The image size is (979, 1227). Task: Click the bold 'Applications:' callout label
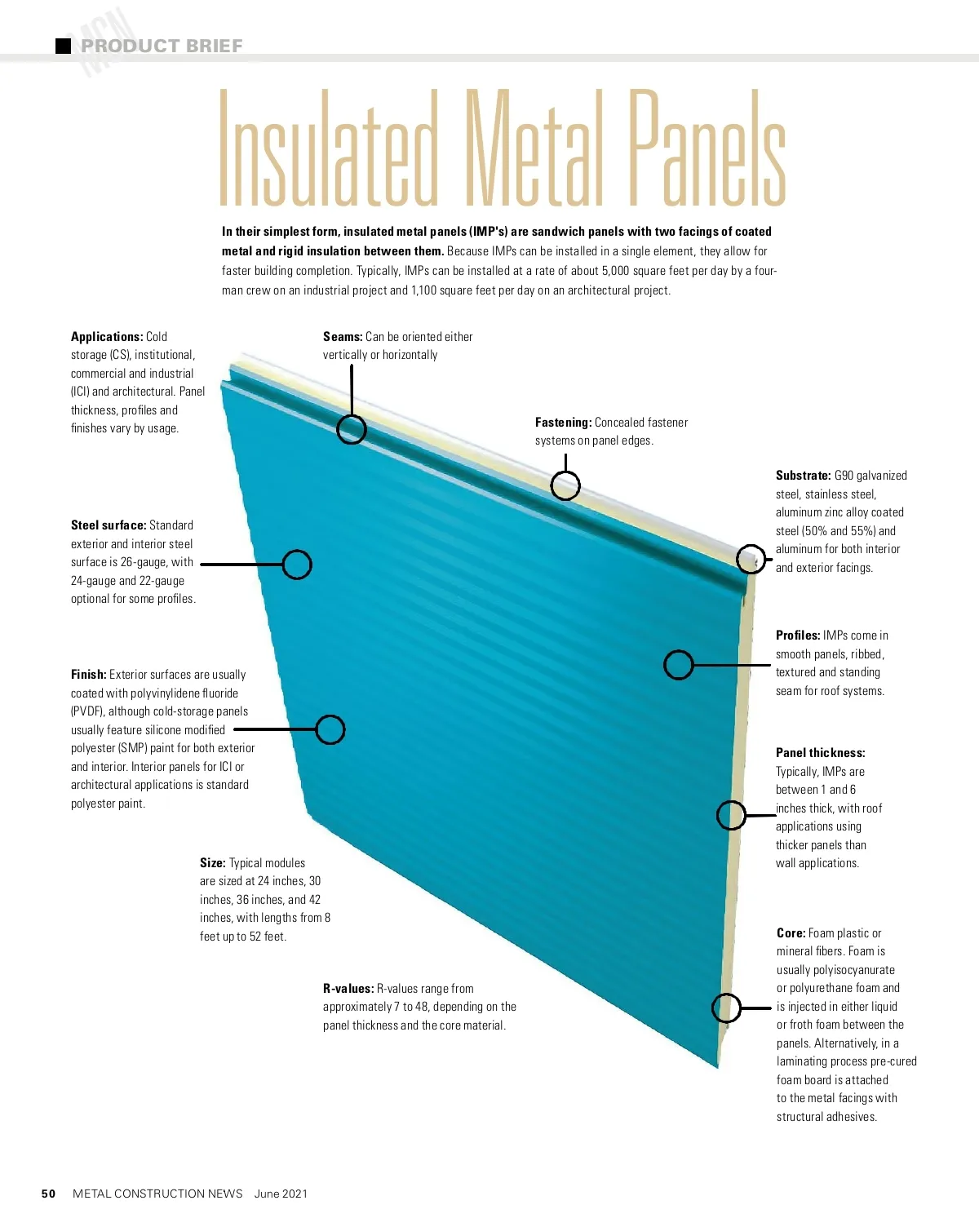[107, 337]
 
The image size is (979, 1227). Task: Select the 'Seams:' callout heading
[343, 337]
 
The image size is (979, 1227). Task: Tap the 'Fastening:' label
[563, 423]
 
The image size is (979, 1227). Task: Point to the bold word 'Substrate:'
[804, 476]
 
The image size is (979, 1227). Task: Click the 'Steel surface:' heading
[109, 525]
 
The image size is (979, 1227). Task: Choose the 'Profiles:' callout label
[798, 636]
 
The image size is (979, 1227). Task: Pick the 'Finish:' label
[89, 675]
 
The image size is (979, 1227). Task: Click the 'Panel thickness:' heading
[820, 753]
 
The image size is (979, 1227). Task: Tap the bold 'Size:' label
[213, 863]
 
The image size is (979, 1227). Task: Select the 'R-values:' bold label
[348, 989]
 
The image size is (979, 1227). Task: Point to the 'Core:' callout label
[791, 933]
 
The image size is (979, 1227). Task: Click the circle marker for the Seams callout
[352, 429]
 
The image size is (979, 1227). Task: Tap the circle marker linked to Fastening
[565, 485]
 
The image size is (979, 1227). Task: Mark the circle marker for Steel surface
[297, 564]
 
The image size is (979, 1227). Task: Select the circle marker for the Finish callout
[330, 729]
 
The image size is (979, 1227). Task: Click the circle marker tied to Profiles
[678, 665]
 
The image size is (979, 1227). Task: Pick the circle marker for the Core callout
[726, 1008]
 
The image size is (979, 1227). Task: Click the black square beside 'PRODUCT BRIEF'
[63, 46]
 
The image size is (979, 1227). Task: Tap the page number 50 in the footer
[49, 1194]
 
